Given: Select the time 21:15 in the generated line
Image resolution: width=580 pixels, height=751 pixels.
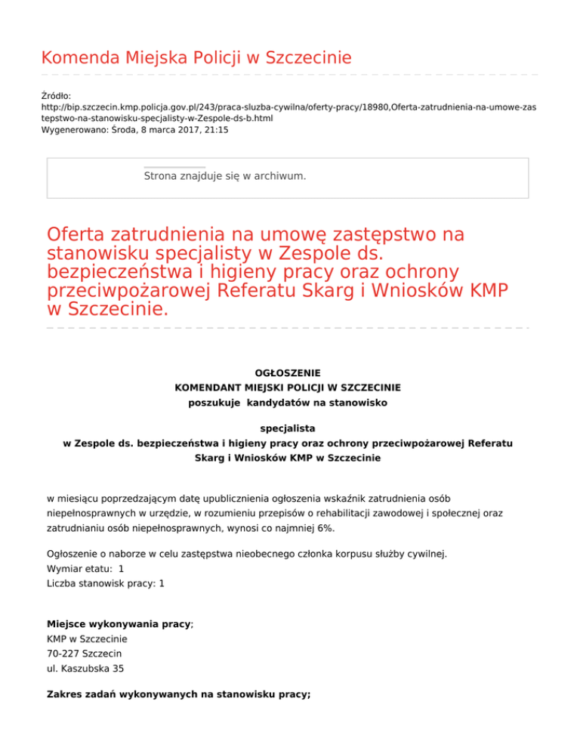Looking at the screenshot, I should click(x=215, y=130).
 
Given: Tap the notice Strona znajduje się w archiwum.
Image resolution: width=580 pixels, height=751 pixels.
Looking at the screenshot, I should click(x=225, y=176).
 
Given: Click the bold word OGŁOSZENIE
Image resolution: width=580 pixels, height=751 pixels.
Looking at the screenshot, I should click(x=288, y=372).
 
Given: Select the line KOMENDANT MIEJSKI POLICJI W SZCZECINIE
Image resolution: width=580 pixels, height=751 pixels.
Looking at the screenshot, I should click(x=288, y=388).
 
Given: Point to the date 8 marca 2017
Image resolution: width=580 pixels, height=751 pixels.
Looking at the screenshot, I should click(x=169, y=130).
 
